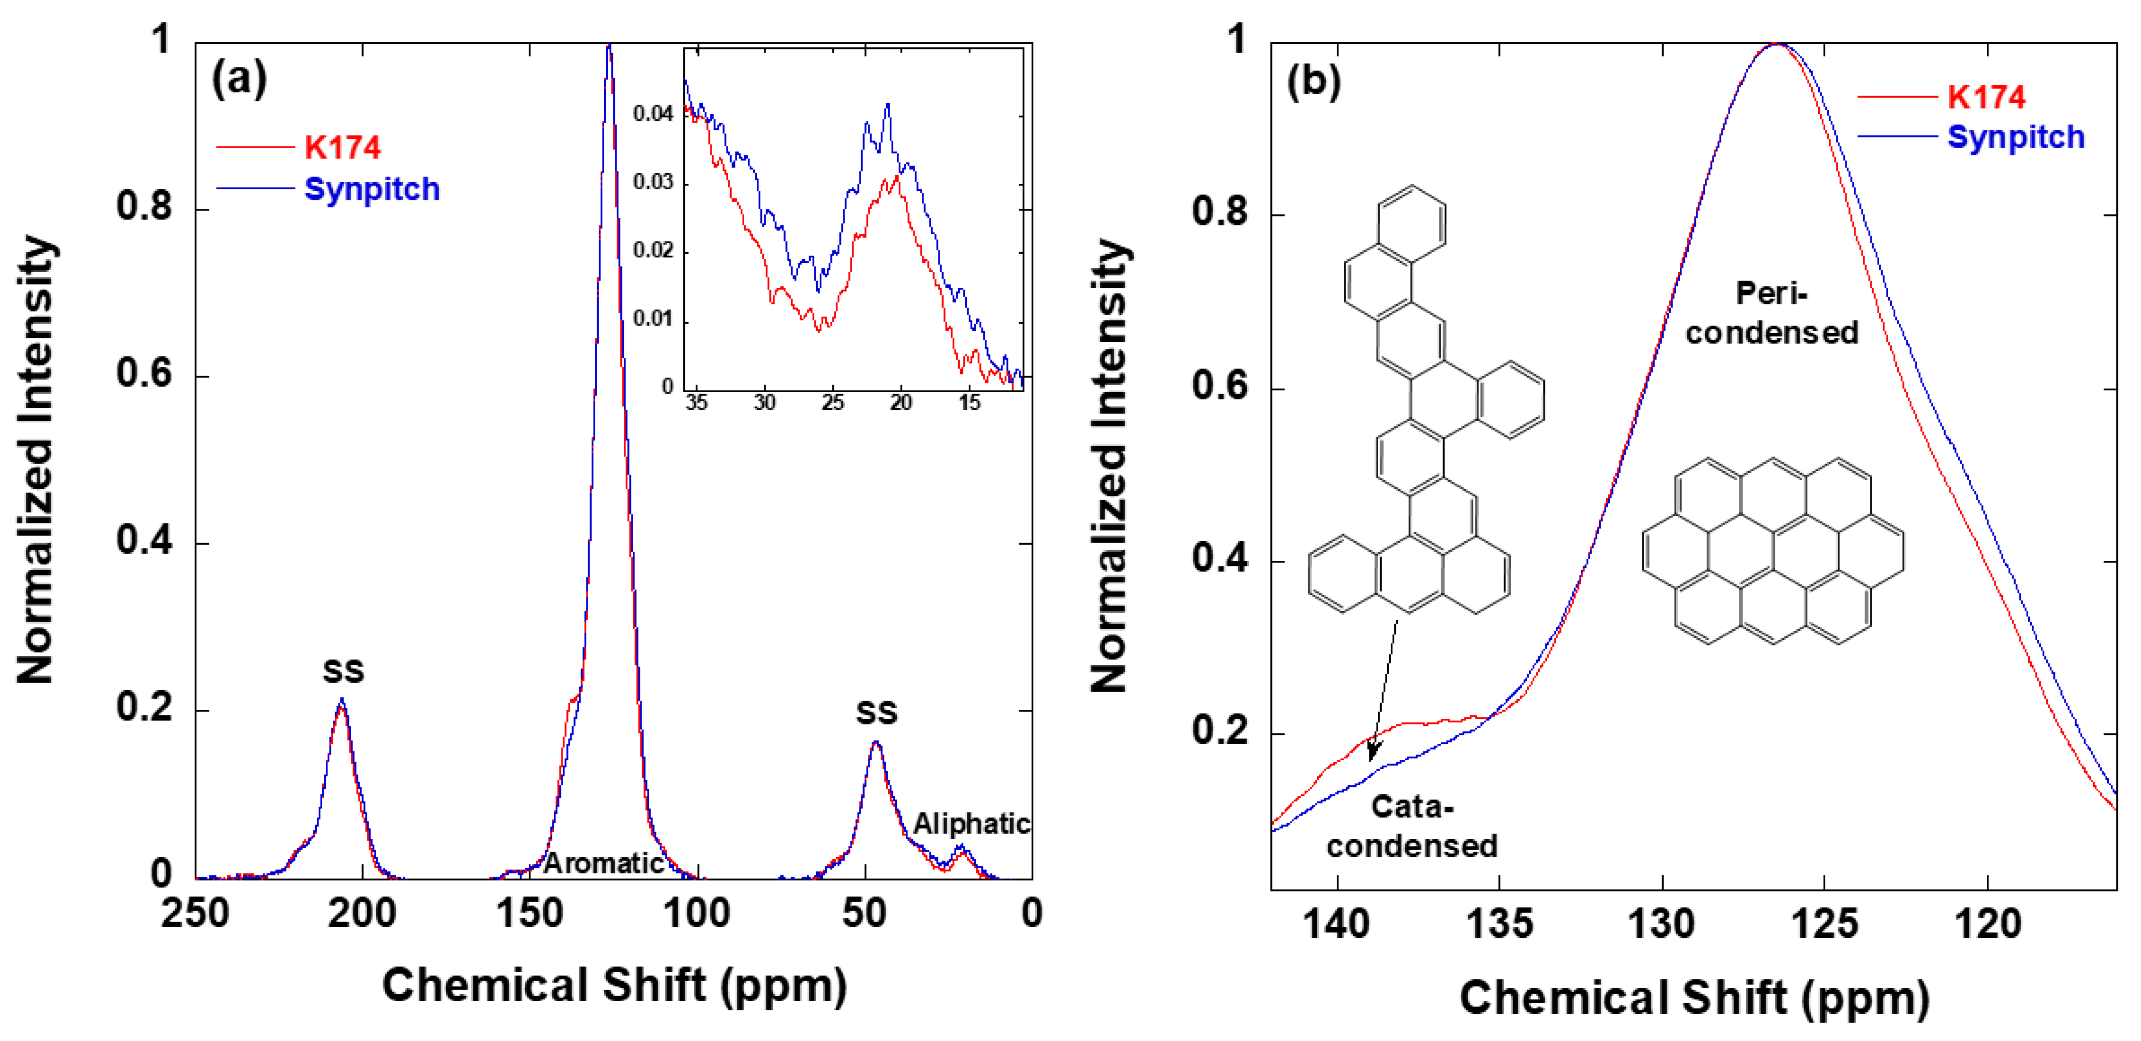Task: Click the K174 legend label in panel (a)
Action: click(x=341, y=148)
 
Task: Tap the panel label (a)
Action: click(x=239, y=79)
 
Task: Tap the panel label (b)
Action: click(x=1313, y=82)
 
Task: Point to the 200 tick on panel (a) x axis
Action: click(x=362, y=913)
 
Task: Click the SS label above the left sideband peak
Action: click(x=343, y=671)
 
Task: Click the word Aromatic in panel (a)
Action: click(x=603, y=863)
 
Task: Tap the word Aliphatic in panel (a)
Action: click(x=971, y=824)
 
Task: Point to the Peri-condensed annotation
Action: click(x=1771, y=313)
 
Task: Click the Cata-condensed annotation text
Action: click(x=1411, y=826)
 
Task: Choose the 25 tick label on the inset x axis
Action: click(x=832, y=403)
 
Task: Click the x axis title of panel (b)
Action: click(x=1694, y=997)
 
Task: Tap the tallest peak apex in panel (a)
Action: click(x=609, y=46)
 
